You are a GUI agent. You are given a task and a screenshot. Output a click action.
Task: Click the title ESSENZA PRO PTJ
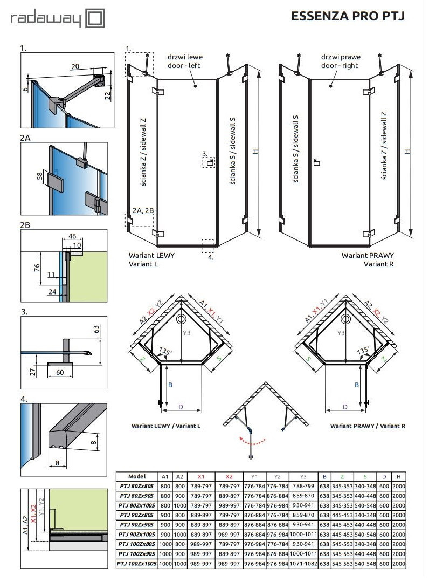tap(348, 16)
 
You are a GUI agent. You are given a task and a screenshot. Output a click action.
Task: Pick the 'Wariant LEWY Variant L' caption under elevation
tap(151, 259)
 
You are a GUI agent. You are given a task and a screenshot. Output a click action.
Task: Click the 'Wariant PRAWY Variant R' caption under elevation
tap(370, 259)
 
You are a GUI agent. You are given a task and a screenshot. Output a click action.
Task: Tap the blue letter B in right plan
tap(357, 385)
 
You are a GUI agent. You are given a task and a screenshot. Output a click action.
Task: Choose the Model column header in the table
tap(137, 476)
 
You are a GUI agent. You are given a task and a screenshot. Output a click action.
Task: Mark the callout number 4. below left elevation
tap(211, 257)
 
